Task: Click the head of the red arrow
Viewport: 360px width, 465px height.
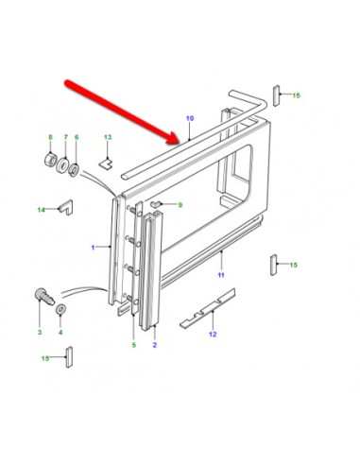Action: (176, 139)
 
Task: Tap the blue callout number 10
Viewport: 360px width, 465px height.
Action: (190, 118)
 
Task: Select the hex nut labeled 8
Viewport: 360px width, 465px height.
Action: (50, 159)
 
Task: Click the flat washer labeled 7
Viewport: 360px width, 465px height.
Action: (62, 164)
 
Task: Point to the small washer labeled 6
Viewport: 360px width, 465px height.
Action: (75, 169)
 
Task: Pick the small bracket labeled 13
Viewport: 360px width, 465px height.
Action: (106, 164)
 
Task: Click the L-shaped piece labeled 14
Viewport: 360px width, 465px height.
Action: (67, 207)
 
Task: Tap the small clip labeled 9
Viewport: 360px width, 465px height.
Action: (156, 204)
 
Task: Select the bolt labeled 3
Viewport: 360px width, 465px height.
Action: (43, 297)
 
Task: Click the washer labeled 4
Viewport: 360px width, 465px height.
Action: (60, 309)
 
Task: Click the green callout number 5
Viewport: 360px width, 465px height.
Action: (134, 345)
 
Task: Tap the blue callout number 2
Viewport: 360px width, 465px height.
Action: (155, 345)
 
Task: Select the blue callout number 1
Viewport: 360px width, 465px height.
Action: (93, 248)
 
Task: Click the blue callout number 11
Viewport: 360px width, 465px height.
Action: (221, 275)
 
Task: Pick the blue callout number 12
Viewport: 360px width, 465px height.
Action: (213, 335)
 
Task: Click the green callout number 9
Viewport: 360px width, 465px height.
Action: (180, 205)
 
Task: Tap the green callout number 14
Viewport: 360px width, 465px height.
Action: (42, 210)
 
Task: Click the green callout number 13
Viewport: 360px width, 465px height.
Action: (108, 137)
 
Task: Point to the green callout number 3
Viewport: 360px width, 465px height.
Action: (40, 332)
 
